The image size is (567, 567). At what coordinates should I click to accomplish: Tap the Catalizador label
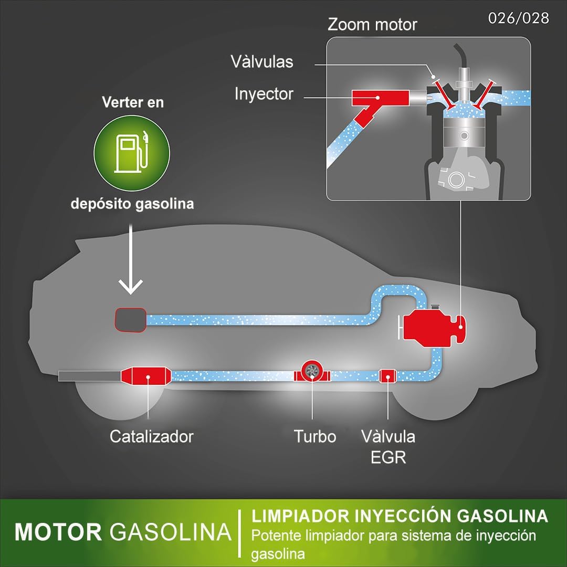point(151,436)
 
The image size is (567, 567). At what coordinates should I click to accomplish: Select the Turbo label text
point(314,436)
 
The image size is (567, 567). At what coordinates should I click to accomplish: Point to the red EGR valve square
point(387,375)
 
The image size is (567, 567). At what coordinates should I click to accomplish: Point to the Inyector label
point(264,94)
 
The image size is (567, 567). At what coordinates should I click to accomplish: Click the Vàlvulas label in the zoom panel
point(261,62)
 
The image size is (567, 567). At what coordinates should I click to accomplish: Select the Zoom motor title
point(372,25)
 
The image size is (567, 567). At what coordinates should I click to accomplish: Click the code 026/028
point(518,18)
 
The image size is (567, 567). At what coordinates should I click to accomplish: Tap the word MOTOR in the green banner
point(58,532)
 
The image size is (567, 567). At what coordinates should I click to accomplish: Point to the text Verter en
point(132,102)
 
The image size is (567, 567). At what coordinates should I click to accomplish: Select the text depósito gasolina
point(132,203)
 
